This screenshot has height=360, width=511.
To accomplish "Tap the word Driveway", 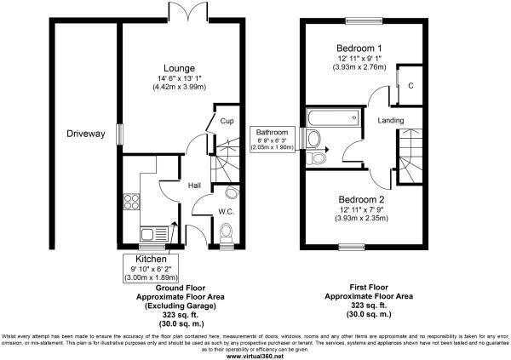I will click(x=85, y=134).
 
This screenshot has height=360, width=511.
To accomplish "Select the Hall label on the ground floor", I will click(x=194, y=186).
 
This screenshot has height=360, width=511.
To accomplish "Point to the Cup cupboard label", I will click(x=226, y=122).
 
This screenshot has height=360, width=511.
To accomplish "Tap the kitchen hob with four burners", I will click(x=133, y=203).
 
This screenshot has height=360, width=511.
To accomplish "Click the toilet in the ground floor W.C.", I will click(x=226, y=231).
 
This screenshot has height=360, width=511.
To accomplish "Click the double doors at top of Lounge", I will click(x=193, y=11).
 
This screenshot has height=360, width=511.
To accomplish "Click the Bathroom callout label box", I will click(x=273, y=140).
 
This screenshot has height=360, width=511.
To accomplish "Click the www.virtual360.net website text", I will click(x=255, y=355).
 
